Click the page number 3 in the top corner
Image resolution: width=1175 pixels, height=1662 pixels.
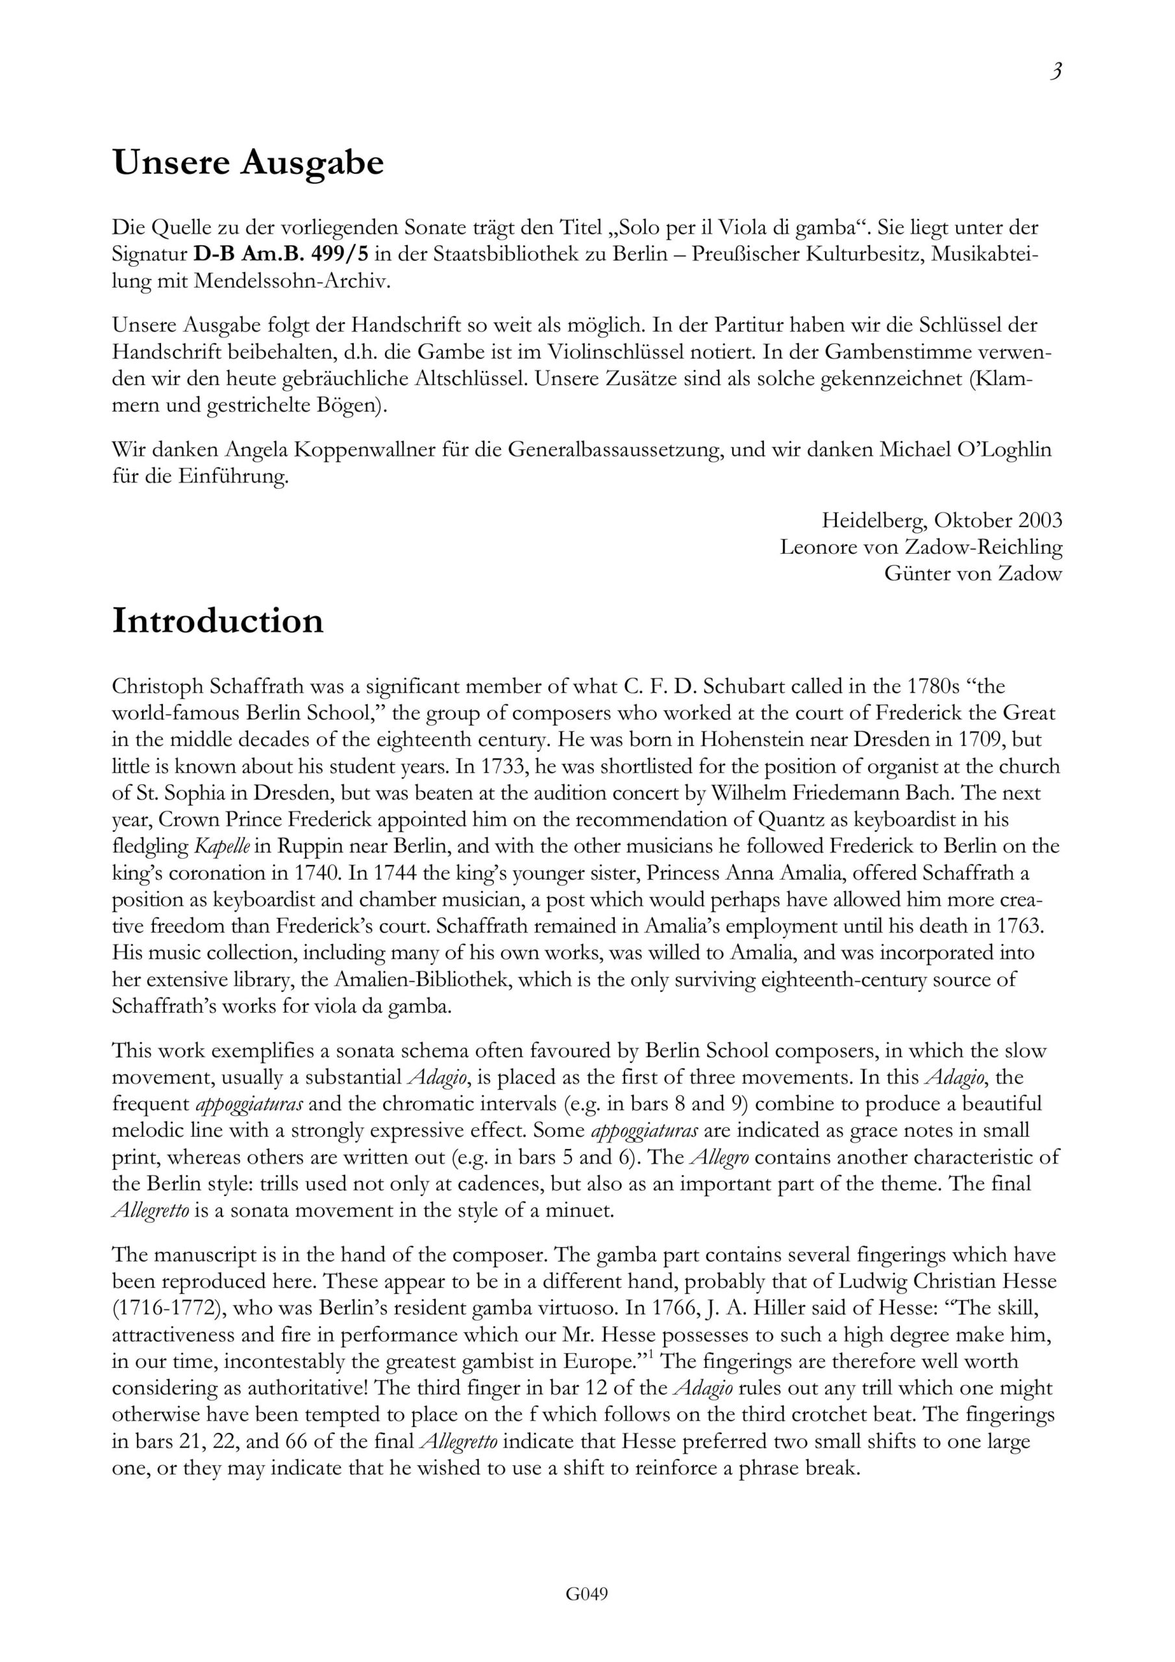pyautogui.click(x=1056, y=72)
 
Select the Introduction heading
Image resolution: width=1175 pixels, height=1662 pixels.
pyautogui.click(x=218, y=621)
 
